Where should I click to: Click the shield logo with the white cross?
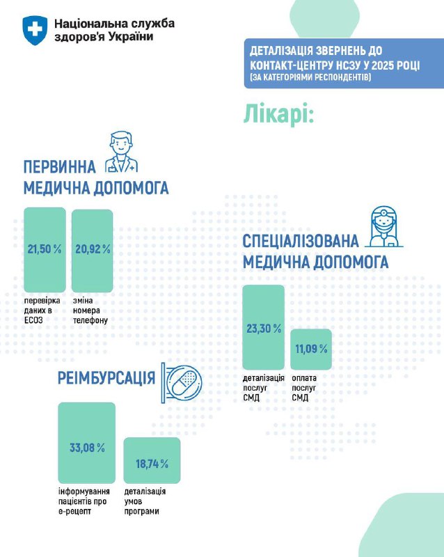(33, 29)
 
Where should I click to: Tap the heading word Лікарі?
(278, 113)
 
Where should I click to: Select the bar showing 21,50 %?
(45, 249)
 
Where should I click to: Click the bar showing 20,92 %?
(92, 250)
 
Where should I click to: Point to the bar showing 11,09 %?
(310, 347)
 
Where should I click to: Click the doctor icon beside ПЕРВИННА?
(120, 152)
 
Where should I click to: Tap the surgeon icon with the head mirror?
(380, 227)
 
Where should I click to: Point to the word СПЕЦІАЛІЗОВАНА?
(301, 242)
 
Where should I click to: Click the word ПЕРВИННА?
(61, 168)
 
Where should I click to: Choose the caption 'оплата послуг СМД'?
(305, 387)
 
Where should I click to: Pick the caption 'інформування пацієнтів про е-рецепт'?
(84, 501)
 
